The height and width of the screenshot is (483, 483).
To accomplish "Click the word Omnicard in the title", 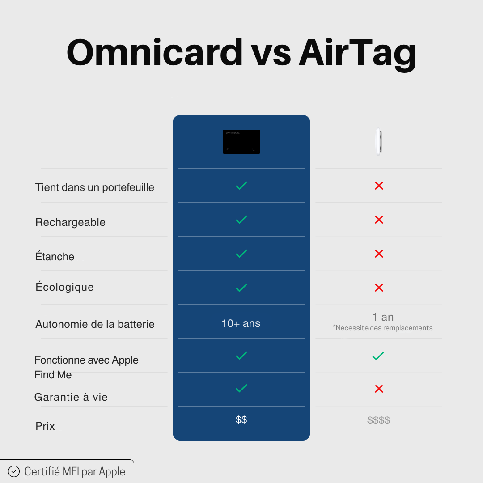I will (154, 52).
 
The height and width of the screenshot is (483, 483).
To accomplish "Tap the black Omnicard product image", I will (241, 142).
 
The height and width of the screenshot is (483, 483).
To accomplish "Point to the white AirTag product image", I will (379, 141).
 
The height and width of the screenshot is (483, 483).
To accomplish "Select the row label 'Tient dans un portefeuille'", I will (95, 187).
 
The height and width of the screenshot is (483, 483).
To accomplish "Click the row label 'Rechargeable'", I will (71, 222).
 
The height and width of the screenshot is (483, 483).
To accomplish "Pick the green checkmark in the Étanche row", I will (241, 254).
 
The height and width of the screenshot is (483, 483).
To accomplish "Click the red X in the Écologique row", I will (379, 288).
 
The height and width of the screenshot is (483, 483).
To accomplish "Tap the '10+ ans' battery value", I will (241, 323).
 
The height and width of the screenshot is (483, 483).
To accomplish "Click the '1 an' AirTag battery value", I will (383, 317).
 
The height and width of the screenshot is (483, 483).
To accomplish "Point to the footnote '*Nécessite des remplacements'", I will (383, 328).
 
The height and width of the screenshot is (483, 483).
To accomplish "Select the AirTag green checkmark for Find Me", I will (378, 356).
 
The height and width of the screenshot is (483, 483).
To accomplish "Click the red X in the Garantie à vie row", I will (379, 389).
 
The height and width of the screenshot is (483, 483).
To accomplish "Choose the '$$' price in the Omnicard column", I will (241, 419).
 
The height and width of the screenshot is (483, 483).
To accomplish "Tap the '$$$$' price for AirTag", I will (378, 420).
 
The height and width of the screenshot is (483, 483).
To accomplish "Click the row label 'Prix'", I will (45, 426).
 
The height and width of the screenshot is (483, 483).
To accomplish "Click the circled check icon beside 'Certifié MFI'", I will (14, 471).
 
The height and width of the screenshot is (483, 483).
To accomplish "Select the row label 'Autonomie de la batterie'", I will (95, 324).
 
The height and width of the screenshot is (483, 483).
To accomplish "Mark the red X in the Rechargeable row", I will (379, 220).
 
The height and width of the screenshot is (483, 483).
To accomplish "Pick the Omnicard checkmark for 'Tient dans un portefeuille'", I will (241, 186).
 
